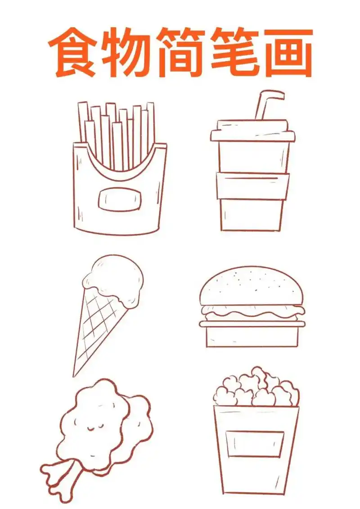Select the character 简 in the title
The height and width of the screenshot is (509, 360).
pyautogui.click(x=181, y=52)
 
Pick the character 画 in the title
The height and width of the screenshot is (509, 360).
pyautogui.click(x=288, y=52)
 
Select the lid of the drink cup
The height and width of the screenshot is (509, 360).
pyautogui.click(x=252, y=131)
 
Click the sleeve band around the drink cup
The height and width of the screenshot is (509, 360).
pyautogui.click(x=252, y=186)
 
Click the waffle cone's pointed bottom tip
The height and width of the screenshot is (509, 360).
pyautogui.click(x=75, y=374)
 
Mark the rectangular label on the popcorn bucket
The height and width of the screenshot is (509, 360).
pyautogui.click(x=255, y=444)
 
